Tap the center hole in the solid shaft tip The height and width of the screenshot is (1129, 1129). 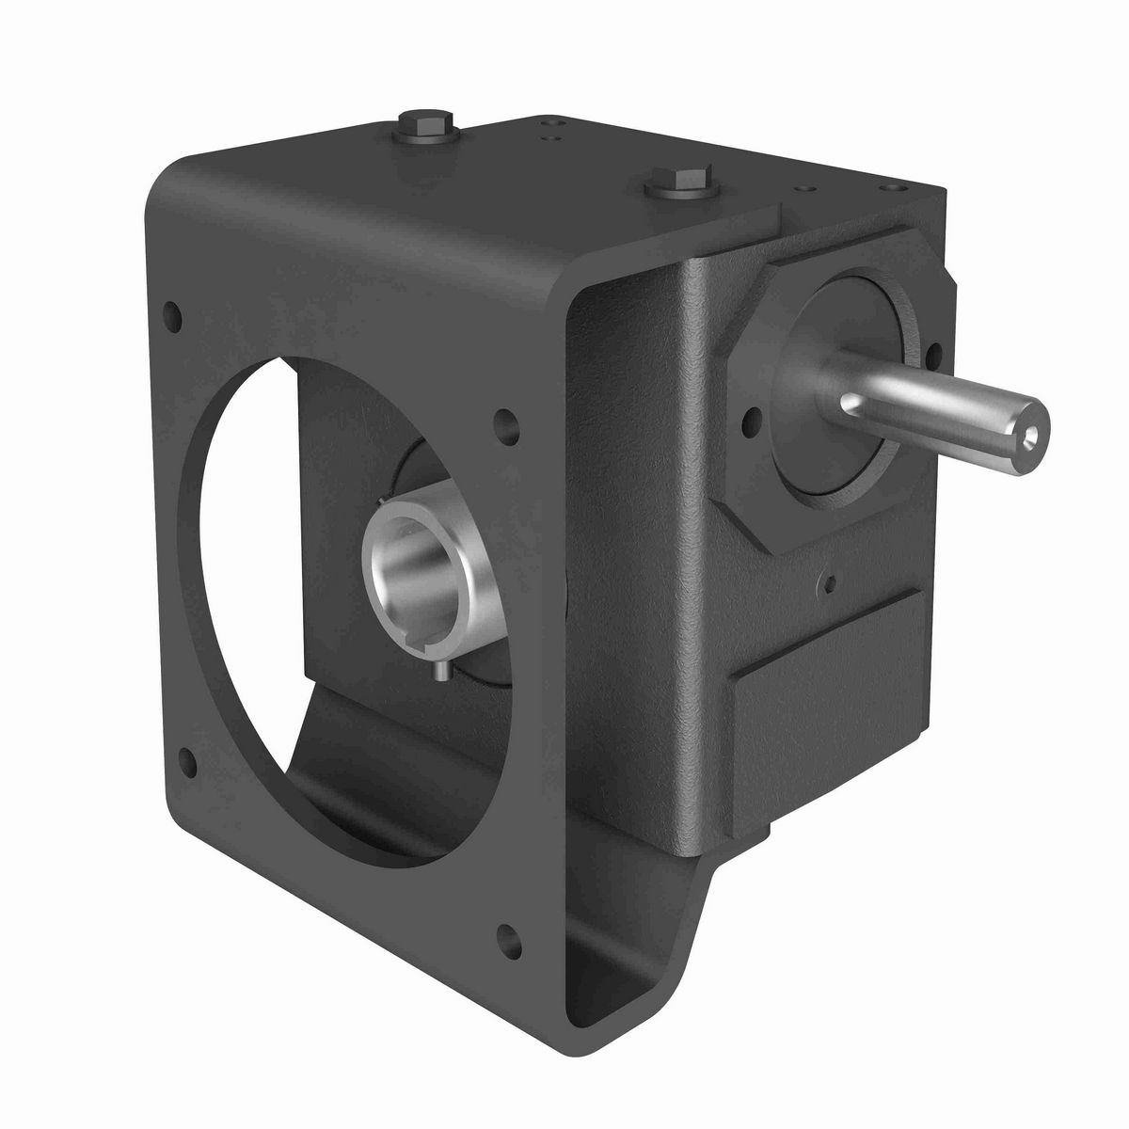pyautogui.click(x=1032, y=434)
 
